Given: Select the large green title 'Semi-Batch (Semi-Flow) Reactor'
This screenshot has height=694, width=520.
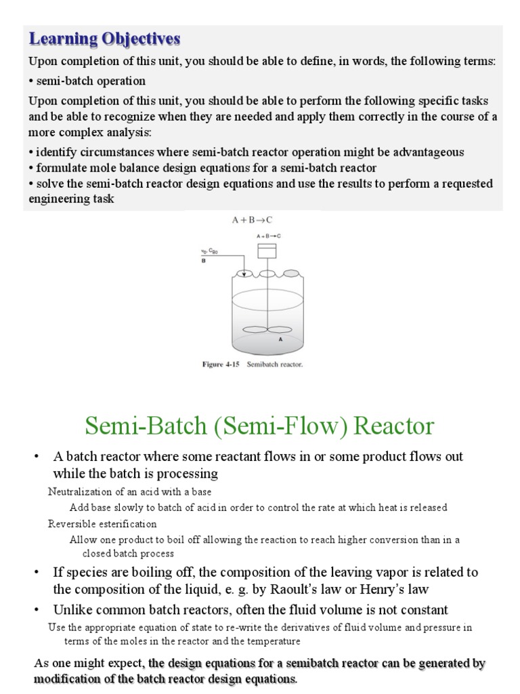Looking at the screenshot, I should click(x=259, y=426).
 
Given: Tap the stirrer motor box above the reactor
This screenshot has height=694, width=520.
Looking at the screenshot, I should click(x=267, y=250).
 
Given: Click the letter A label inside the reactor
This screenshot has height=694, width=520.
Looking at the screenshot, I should click(x=280, y=340).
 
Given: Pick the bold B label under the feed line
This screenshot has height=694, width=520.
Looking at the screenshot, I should click(x=204, y=260).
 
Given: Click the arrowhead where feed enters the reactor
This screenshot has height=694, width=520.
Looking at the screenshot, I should click(x=244, y=274).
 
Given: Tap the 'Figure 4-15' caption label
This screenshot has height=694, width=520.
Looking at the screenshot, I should click(x=221, y=365).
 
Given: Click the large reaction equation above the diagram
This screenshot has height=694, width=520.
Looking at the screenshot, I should click(x=251, y=220).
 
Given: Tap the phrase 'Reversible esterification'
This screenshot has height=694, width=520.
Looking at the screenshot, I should click(x=102, y=524).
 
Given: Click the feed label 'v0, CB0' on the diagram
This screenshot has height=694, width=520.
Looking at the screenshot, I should click(x=207, y=251).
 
